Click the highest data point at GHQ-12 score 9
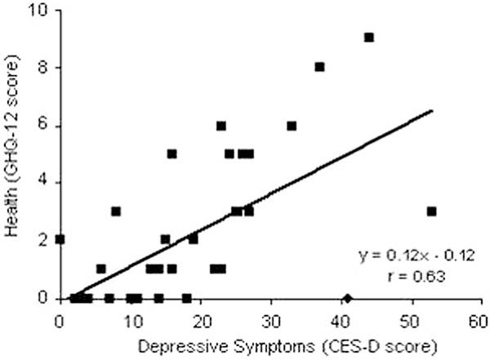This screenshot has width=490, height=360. [368, 38]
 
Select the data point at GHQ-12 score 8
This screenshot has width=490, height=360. [319, 67]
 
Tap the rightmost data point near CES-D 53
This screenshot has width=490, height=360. [431, 211]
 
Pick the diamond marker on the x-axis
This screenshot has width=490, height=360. [346, 298]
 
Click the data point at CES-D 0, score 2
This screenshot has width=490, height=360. [60, 240]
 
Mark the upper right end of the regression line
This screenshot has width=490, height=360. [432, 109]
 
